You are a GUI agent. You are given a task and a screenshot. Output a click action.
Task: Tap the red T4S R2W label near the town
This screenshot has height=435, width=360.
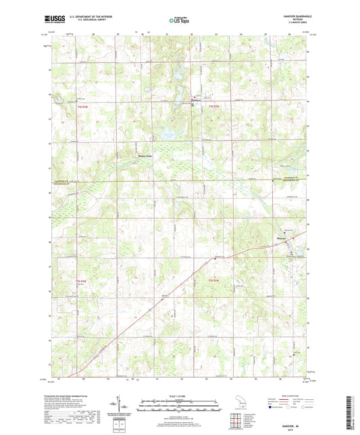[x=215, y=107]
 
